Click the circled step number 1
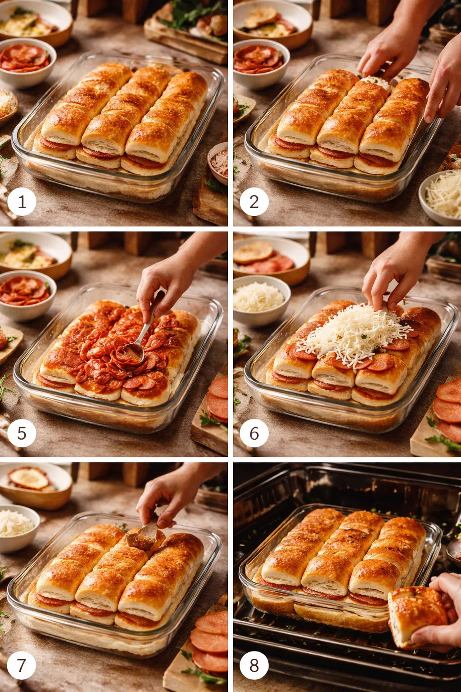(x=22, y=202)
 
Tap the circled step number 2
(x=254, y=202)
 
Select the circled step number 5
(x=22, y=433)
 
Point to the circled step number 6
(x=254, y=433)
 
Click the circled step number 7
(x=22, y=665)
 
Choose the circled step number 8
(x=254, y=665)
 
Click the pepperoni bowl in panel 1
(x=26, y=61)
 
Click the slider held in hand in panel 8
(x=416, y=615)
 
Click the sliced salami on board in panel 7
(x=211, y=640)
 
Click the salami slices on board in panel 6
(x=448, y=410)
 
